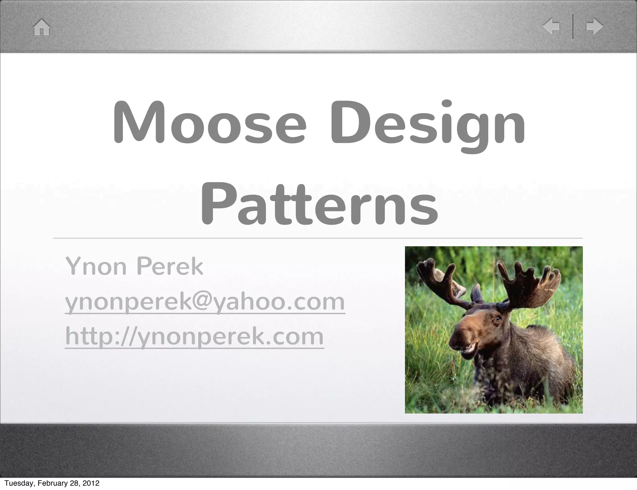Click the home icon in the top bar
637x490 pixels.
42,28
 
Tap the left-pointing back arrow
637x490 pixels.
551,27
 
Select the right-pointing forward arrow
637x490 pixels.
595,27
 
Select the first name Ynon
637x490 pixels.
96,267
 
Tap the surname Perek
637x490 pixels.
170,266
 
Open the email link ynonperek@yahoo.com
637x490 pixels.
205,302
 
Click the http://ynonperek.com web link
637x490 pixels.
194,337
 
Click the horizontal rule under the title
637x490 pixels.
317,238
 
